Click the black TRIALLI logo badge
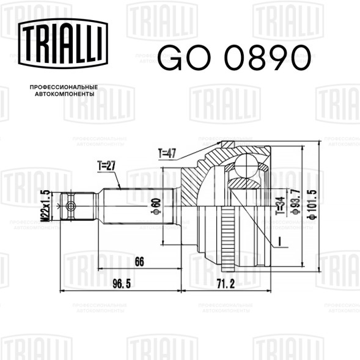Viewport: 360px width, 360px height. [x=63, y=43]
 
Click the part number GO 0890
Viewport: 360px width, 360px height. [x=234, y=57]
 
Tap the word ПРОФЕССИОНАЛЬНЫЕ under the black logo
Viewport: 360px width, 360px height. [x=64, y=87]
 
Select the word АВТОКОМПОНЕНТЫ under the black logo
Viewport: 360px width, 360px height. [x=65, y=94]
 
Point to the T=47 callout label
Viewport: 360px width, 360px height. [x=167, y=153]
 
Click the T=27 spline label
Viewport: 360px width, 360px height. [x=106, y=166]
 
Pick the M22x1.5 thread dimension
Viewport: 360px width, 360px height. [x=45, y=206]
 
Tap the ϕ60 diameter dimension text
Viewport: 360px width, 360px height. [x=156, y=206]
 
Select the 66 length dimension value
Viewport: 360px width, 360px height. [x=139, y=262]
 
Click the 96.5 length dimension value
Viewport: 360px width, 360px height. [x=122, y=284]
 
